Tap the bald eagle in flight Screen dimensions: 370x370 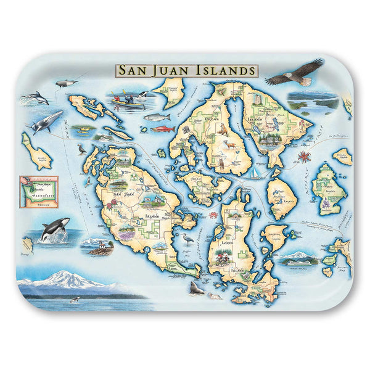pyautogui.click(x=295, y=73)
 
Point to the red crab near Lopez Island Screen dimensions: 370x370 pyautogui.click(x=213, y=214)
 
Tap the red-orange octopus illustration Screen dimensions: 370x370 pyautogui.click(x=303, y=155)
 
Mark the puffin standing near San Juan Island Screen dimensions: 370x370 pyautogui.click(x=82, y=148)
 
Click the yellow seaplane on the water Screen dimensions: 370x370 pyautogui.click(x=80, y=130)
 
